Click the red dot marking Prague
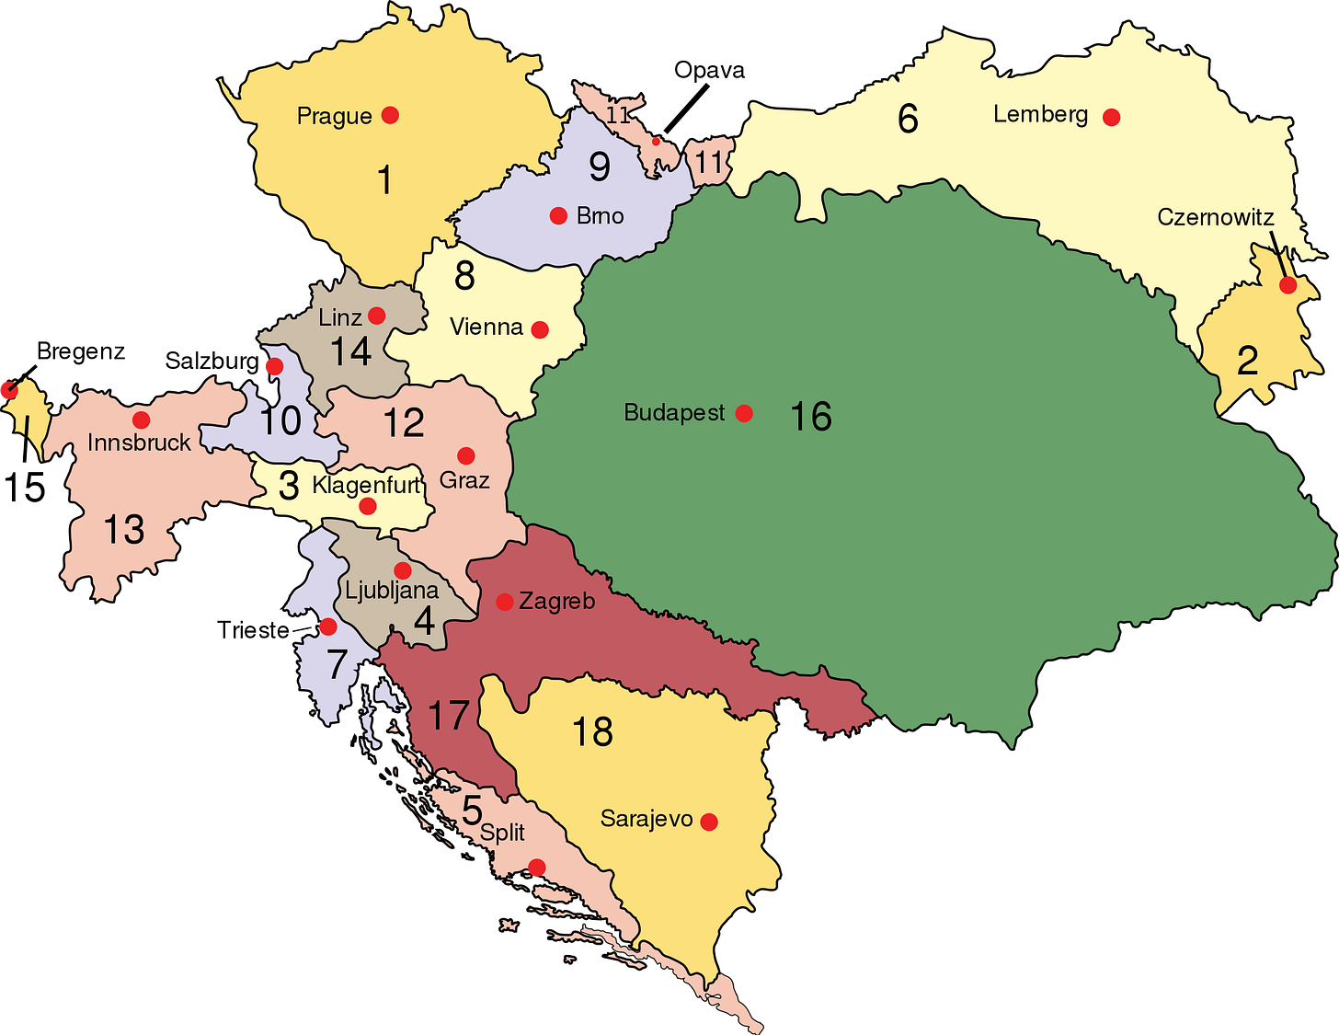[x=390, y=115]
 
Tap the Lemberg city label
[x=1040, y=115]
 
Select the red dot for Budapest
[x=744, y=413]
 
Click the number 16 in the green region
[x=811, y=417]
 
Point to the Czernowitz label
[x=1215, y=217]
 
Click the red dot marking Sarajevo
[x=709, y=822]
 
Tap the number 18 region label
[x=592, y=732]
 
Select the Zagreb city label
[x=556, y=602]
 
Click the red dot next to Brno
[x=558, y=216]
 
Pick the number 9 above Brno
[x=600, y=167]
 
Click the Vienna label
[x=486, y=327]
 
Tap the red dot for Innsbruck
[x=141, y=420]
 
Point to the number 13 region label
[x=124, y=530]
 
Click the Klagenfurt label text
[x=365, y=485]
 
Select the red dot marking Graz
[x=466, y=455]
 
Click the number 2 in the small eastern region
[x=1247, y=361]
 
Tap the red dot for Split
[x=537, y=868]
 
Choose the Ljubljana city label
[x=392, y=590]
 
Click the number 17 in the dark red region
[x=449, y=716]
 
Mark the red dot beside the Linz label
[x=376, y=316]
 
